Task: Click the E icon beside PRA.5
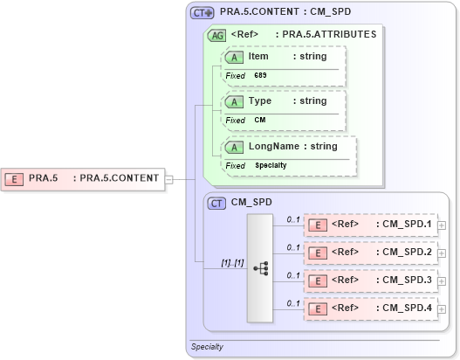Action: (15, 178)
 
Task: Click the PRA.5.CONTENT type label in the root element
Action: (120, 178)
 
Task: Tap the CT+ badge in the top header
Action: (203, 13)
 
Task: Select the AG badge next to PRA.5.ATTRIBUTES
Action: (216, 35)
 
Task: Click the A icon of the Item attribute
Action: (234, 57)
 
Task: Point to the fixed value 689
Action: (260, 76)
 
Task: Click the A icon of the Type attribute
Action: (234, 101)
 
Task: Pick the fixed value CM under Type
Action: (259, 121)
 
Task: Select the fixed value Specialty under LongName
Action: (270, 165)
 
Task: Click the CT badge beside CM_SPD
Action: (217, 203)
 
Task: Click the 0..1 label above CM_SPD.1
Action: (294, 219)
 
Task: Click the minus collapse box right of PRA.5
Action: (168, 179)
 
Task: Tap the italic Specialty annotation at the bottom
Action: (207, 347)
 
